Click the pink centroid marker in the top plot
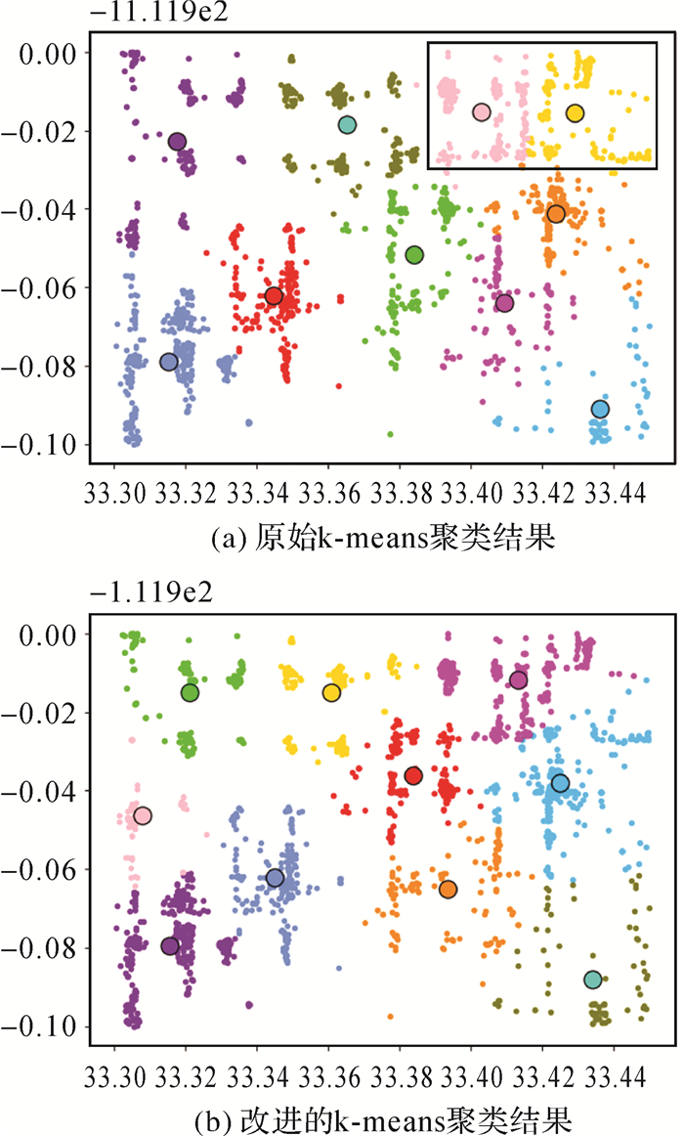tap(481, 112)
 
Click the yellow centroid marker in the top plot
tap(575, 113)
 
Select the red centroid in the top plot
tap(274, 295)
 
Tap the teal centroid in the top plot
tap(347, 124)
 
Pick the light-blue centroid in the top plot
tap(600, 409)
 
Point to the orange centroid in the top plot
tap(556, 214)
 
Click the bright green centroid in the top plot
tap(413, 255)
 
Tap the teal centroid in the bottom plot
tap(592, 980)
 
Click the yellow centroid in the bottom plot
tap(331, 693)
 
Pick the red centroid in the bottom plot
tap(413, 775)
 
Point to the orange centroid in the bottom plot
tap(448, 889)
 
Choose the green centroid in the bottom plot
tap(190, 693)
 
